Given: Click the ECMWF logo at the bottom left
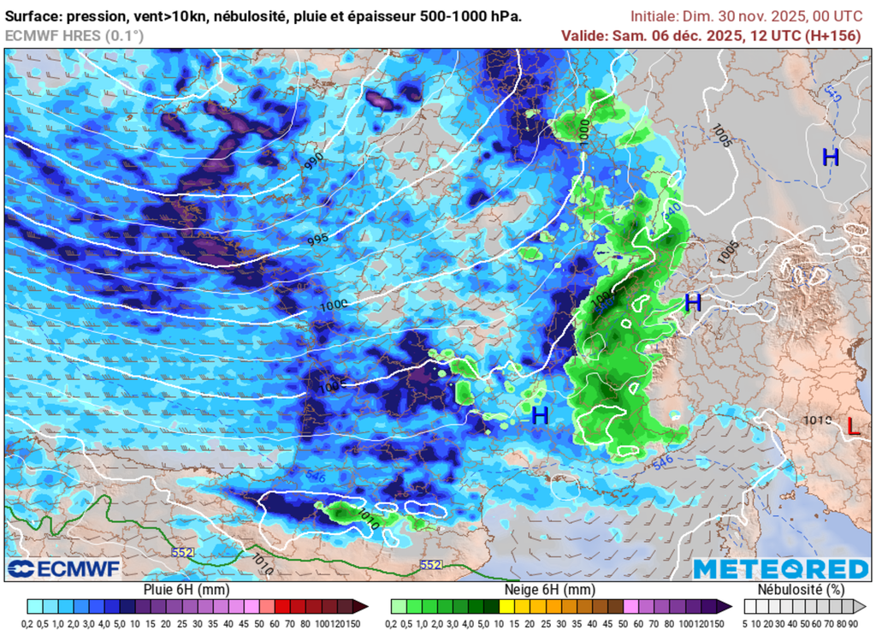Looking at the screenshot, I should click(64, 568).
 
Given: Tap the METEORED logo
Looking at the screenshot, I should click(780, 568).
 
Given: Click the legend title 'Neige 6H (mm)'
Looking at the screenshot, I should click(553, 590).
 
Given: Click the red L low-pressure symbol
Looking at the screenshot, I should click(853, 425).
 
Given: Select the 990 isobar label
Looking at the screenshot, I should click(313, 160).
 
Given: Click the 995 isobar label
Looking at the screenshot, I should click(317, 241).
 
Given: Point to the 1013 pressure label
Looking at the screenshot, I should click(817, 420).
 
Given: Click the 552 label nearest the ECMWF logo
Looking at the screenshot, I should click(181, 553).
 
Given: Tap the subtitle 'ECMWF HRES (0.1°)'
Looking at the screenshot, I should click(74, 35).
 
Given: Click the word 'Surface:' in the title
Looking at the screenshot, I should click(35, 16).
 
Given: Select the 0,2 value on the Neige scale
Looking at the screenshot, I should click(399, 622).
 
